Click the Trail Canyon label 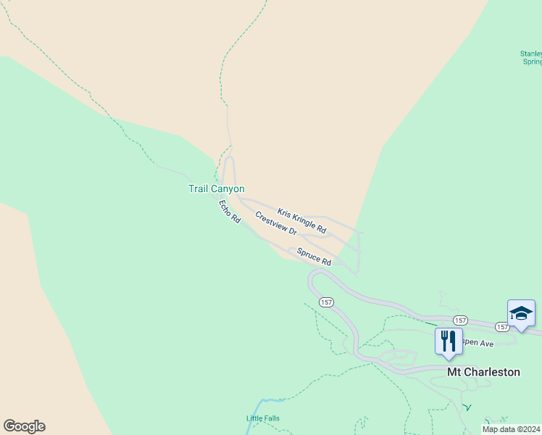(217, 188)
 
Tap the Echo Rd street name (229, 211)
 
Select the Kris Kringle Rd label (301, 221)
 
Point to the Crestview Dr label (276, 223)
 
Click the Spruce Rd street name (314, 256)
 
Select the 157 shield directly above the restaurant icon (459, 320)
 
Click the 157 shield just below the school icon (503, 328)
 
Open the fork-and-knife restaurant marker (448, 340)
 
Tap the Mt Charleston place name (483, 372)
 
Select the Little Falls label (262, 418)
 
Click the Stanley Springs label (530, 57)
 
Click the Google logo (24, 426)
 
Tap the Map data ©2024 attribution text (512, 429)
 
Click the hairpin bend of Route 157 (313, 279)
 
